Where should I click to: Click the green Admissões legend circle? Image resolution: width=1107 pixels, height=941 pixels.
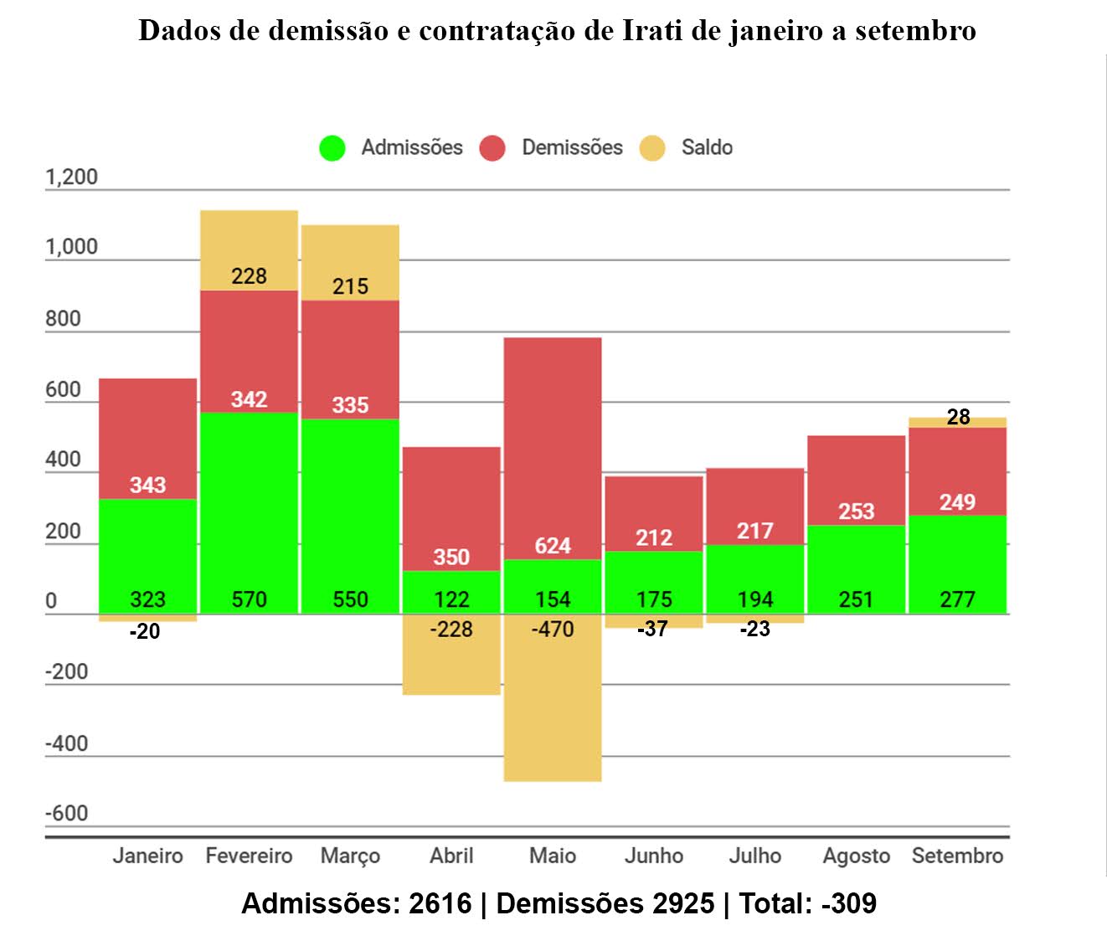tap(332, 148)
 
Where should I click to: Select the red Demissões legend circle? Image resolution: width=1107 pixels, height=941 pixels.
tap(492, 148)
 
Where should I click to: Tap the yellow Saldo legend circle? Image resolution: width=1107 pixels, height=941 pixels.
tap(652, 148)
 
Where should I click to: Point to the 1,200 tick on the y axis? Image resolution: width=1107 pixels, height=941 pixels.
tap(71, 177)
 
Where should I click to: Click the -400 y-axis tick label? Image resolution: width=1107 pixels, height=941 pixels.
tap(66, 743)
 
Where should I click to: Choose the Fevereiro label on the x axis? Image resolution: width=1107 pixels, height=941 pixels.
tap(249, 856)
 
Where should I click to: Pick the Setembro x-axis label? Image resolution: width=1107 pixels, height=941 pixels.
tap(957, 856)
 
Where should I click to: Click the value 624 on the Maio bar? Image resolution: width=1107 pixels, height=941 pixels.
tap(553, 546)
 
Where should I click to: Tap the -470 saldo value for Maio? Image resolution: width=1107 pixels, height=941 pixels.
tap(553, 629)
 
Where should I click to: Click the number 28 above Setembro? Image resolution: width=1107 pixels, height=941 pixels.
tap(958, 417)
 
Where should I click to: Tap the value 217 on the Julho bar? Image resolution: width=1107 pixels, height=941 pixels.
tap(754, 531)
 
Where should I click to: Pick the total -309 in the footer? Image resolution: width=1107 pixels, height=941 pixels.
tap(849, 904)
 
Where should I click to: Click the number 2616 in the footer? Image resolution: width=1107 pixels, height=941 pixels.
tap(440, 904)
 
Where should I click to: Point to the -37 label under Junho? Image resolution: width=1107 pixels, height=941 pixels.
tap(653, 629)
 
